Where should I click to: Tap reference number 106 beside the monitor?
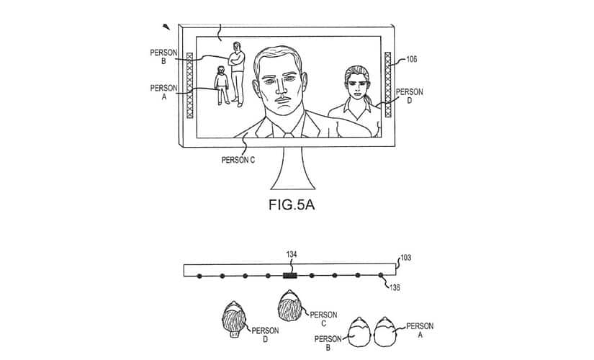point(410,60)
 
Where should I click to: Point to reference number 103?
point(406,258)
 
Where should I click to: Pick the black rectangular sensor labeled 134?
point(289,275)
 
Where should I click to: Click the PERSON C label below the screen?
point(238,160)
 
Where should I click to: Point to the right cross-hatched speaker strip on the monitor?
point(387,84)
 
